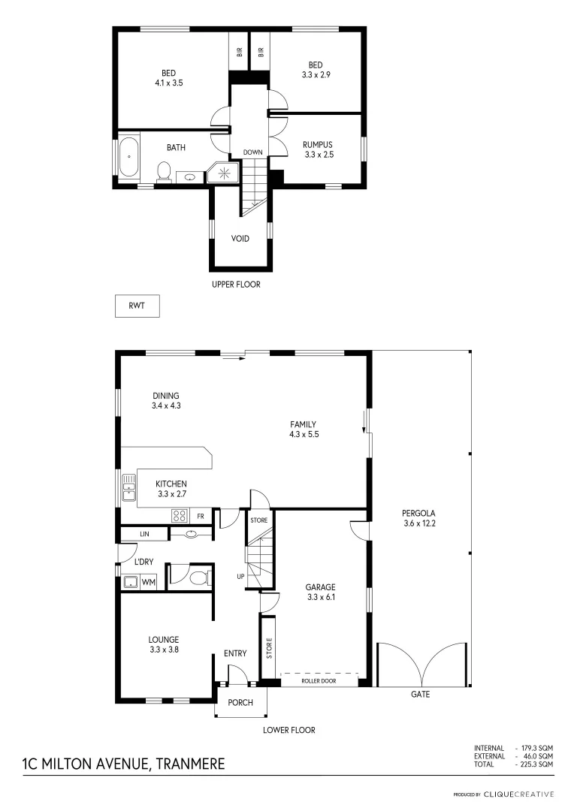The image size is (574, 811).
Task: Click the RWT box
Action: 137,306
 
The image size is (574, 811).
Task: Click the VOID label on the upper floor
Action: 240,239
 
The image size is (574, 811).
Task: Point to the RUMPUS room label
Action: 317,145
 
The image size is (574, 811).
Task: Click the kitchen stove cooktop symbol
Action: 180,516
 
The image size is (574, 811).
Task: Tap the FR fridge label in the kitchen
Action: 201,517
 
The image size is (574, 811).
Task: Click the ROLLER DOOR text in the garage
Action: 319,682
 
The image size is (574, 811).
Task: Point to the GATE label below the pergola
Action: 420,695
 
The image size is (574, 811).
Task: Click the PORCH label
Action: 236,703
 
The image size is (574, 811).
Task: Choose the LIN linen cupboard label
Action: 143,534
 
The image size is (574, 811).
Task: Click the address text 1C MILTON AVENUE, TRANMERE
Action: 123,764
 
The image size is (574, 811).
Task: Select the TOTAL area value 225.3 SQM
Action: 536,764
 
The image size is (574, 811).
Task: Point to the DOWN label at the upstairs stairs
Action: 252,152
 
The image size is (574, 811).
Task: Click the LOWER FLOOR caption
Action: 289,730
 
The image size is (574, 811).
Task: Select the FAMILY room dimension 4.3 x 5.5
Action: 304,434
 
